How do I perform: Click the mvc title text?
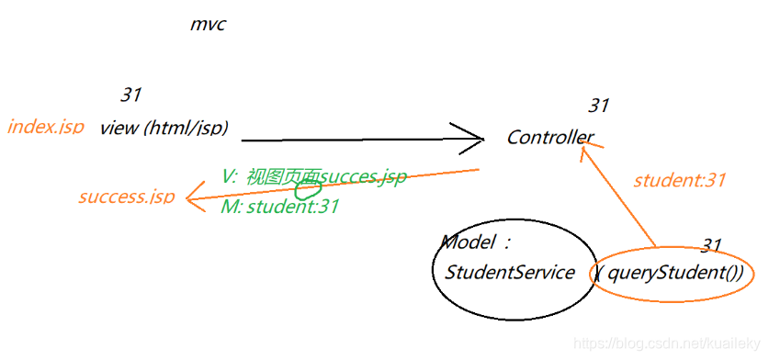(208, 25)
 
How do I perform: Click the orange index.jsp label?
(45, 127)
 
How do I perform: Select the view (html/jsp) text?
(164, 127)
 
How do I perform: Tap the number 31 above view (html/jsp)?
(130, 94)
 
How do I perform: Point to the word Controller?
(549, 138)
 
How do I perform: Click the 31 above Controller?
(598, 106)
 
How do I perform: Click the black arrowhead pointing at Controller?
(474, 140)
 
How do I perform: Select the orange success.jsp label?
(126, 197)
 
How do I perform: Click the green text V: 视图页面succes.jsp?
(313, 177)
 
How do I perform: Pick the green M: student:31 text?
(280, 208)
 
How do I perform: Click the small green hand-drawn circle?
(309, 189)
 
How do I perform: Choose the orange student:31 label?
(679, 180)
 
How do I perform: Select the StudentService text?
(509, 273)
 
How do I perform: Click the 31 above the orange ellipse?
(711, 245)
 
